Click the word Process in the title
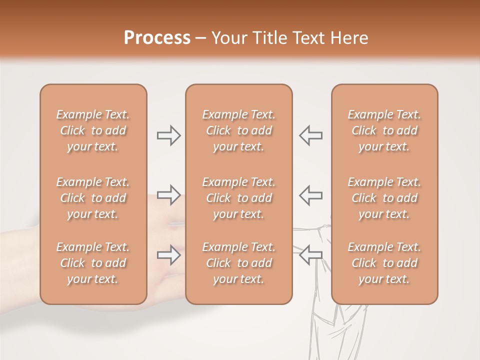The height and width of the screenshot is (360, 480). (x=157, y=38)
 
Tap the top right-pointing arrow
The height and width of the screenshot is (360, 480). (x=168, y=135)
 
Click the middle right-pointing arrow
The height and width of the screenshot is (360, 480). (x=168, y=195)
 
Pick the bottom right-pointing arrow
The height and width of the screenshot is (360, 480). (x=168, y=255)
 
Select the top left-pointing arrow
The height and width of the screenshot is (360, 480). (x=310, y=135)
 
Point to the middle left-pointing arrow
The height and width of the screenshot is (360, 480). (x=310, y=195)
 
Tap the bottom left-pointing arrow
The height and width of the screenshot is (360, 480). (x=310, y=254)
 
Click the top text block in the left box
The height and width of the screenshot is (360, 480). (x=93, y=130)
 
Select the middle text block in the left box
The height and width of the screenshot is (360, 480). (x=93, y=198)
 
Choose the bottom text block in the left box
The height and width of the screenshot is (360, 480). (x=93, y=263)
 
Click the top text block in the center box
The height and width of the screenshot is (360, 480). (x=238, y=130)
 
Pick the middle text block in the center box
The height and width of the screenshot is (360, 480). (x=238, y=198)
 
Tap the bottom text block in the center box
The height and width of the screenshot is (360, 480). (x=238, y=263)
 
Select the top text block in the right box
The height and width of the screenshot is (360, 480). (x=384, y=130)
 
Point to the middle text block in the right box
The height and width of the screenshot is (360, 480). (x=384, y=198)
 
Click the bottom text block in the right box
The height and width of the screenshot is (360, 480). (x=384, y=263)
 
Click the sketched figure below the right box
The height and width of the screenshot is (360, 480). (x=332, y=330)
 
